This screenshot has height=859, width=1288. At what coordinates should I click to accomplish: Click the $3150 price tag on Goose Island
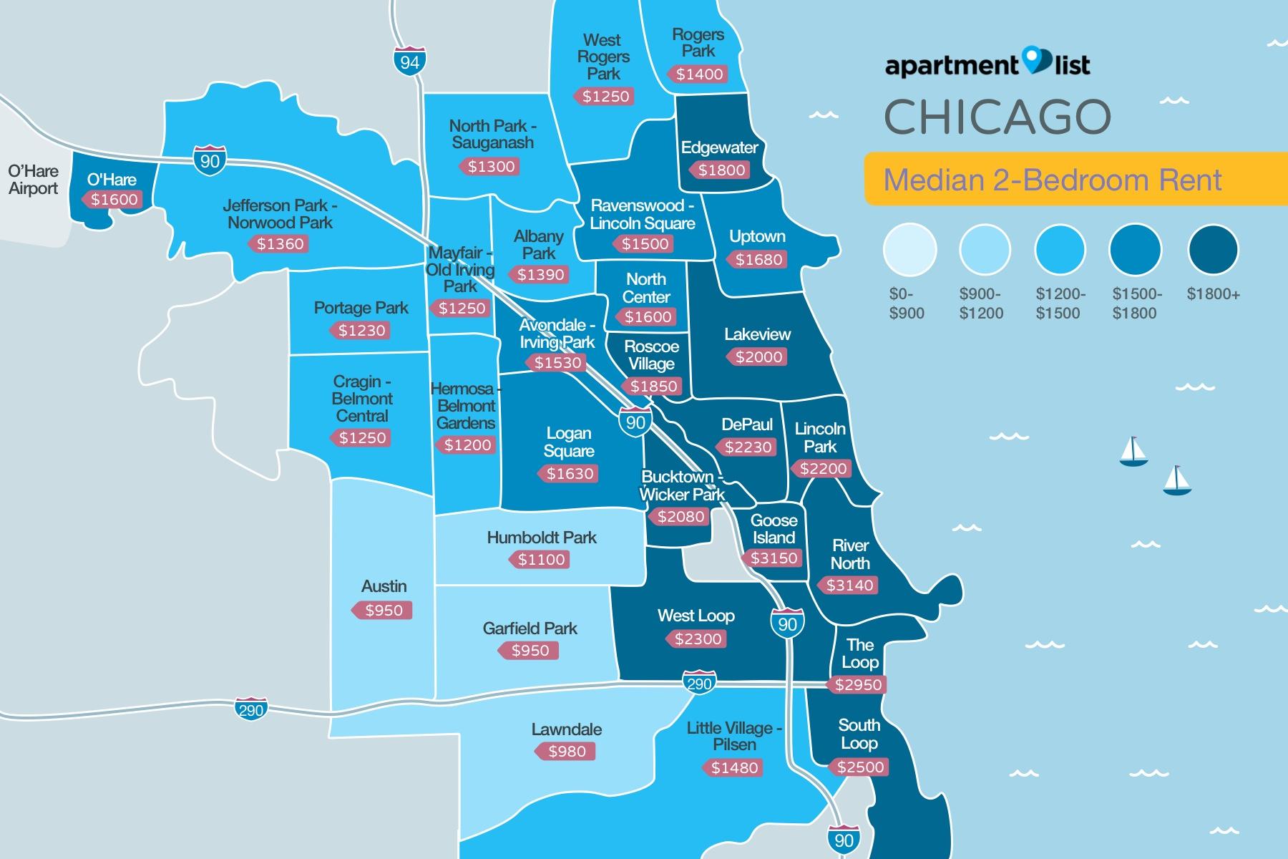(x=774, y=558)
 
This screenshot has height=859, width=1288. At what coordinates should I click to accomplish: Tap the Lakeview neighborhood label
(x=757, y=334)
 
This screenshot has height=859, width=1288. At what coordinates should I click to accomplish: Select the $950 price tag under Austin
(x=384, y=611)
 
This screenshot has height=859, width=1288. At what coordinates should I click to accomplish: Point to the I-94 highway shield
(x=410, y=62)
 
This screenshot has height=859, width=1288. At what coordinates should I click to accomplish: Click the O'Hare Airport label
(x=33, y=180)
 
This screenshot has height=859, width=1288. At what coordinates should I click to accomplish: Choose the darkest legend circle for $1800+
(x=1213, y=250)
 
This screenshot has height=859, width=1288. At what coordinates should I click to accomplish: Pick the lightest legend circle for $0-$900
(x=909, y=250)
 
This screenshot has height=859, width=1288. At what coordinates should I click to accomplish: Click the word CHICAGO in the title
(x=997, y=117)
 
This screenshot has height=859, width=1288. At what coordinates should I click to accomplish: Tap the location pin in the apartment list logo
(x=1035, y=60)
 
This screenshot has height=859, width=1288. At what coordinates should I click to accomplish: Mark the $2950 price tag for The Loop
(x=858, y=684)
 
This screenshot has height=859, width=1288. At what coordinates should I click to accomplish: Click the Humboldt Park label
(x=542, y=538)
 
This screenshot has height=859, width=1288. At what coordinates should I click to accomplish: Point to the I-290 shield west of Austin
(x=250, y=709)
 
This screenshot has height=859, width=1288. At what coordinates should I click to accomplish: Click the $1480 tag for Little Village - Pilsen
(x=734, y=768)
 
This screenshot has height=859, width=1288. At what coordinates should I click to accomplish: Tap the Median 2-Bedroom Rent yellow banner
(x=1052, y=180)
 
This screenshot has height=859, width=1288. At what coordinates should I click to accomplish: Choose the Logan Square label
(x=569, y=442)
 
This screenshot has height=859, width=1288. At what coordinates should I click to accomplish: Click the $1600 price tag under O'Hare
(x=114, y=200)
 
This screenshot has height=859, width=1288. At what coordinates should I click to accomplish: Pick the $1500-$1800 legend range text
(x=1137, y=304)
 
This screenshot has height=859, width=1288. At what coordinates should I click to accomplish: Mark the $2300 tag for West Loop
(x=698, y=639)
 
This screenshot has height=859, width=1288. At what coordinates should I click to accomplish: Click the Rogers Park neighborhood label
(x=698, y=43)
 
